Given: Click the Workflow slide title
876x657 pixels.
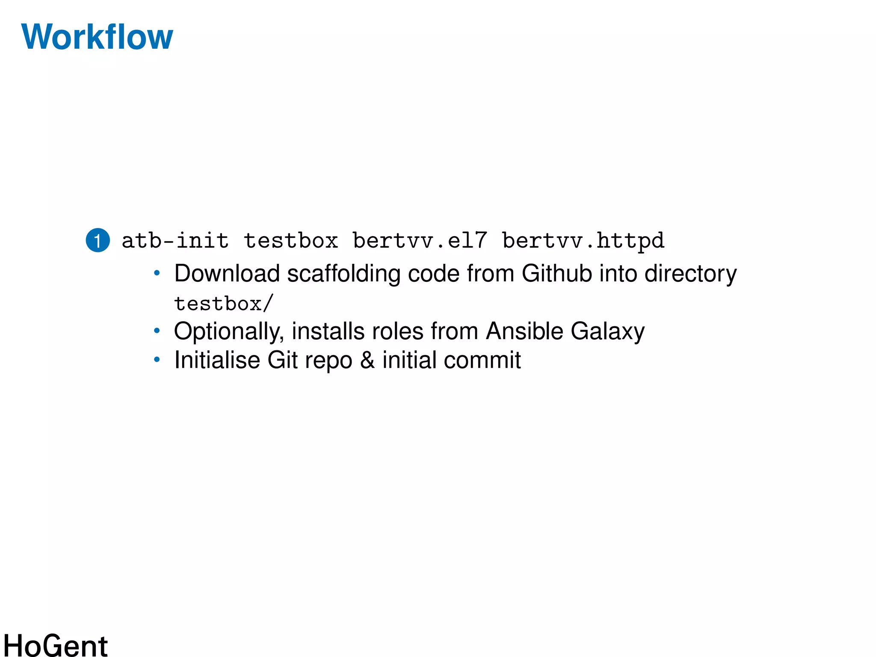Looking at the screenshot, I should [97, 37].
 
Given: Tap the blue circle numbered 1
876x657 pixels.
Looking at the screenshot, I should [98, 240].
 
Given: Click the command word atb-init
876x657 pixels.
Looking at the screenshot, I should [175, 240].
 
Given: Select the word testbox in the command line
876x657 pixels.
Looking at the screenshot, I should [291, 240].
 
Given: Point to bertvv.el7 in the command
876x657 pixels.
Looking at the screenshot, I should [420, 240].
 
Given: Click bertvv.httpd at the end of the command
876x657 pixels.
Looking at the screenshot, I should [583, 240].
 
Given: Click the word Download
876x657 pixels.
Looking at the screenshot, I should [227, 273].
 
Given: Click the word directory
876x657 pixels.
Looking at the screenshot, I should [690, 273].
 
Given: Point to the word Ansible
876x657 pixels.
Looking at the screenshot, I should [525, 331].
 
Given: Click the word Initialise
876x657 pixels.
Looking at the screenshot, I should [217, 360].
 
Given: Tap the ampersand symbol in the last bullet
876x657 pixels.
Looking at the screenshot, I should [367, 360].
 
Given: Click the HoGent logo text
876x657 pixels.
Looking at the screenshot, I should [56, 645].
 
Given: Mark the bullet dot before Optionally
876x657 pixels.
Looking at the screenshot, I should [157, 331].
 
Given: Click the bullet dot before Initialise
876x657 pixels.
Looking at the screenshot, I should [157, 360].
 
